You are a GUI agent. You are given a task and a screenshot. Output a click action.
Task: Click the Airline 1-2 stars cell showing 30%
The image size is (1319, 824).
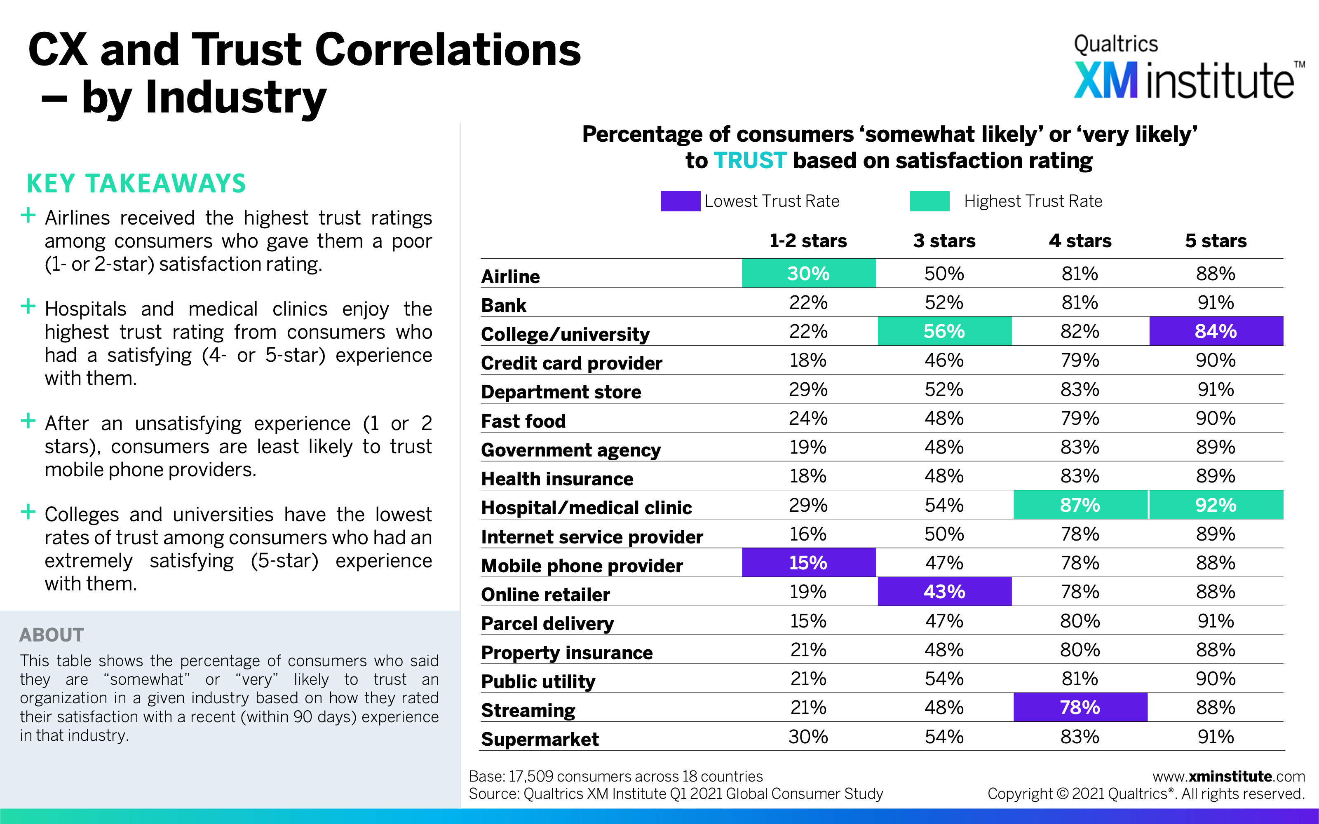click(x=808, y=273)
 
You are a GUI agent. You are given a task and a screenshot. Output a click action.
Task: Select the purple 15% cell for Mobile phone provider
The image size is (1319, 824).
click(x=808, y=562)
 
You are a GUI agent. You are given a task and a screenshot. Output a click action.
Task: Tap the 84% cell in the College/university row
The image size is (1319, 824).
click(x=1216, y=331)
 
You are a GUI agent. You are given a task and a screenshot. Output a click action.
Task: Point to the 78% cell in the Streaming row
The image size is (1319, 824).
click(x=1080, y=707)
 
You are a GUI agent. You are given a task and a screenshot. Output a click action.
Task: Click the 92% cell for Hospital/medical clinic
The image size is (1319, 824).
click(x=1216, y=505)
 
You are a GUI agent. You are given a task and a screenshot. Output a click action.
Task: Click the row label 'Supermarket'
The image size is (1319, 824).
click(x=540, y=739)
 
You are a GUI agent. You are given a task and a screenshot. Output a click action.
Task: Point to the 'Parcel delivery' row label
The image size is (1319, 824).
click(x=547, y=623)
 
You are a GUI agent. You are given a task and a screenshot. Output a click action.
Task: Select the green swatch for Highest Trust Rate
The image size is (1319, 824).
click(x=930, y=201)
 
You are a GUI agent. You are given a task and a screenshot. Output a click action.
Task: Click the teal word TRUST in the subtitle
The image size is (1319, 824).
click(x=750, y=160)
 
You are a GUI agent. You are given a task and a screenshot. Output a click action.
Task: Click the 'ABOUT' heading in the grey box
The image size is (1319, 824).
click(x=52, y=635)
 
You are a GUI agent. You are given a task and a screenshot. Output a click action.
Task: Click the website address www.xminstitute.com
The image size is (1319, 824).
click(x=1228, y=776)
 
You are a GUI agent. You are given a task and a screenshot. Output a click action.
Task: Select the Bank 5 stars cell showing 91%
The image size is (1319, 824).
click(x=1216, y=302)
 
